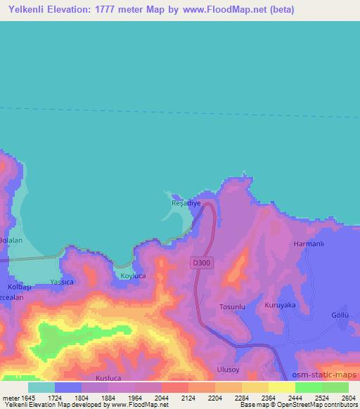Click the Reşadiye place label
pos(186,203)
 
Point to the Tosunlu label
pos(233,307)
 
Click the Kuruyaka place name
pos(280,306)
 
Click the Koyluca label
pos(134,276)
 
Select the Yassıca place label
pos(63,282)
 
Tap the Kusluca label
pos(108,378)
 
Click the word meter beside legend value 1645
pos(12,398)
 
